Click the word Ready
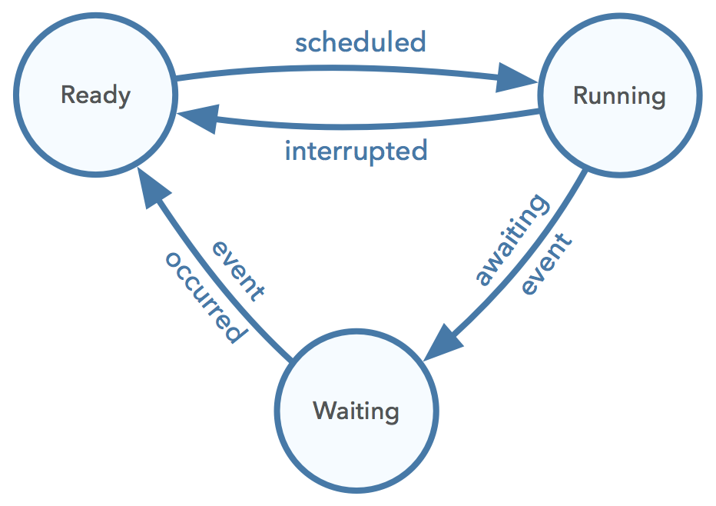tap(95, 95)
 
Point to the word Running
tap(619, 96)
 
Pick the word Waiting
tap(356, 411)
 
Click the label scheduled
tap(360, 42)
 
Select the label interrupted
tap(356, 151)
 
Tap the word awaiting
tap(512, 240)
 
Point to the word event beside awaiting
tap(547, 265)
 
